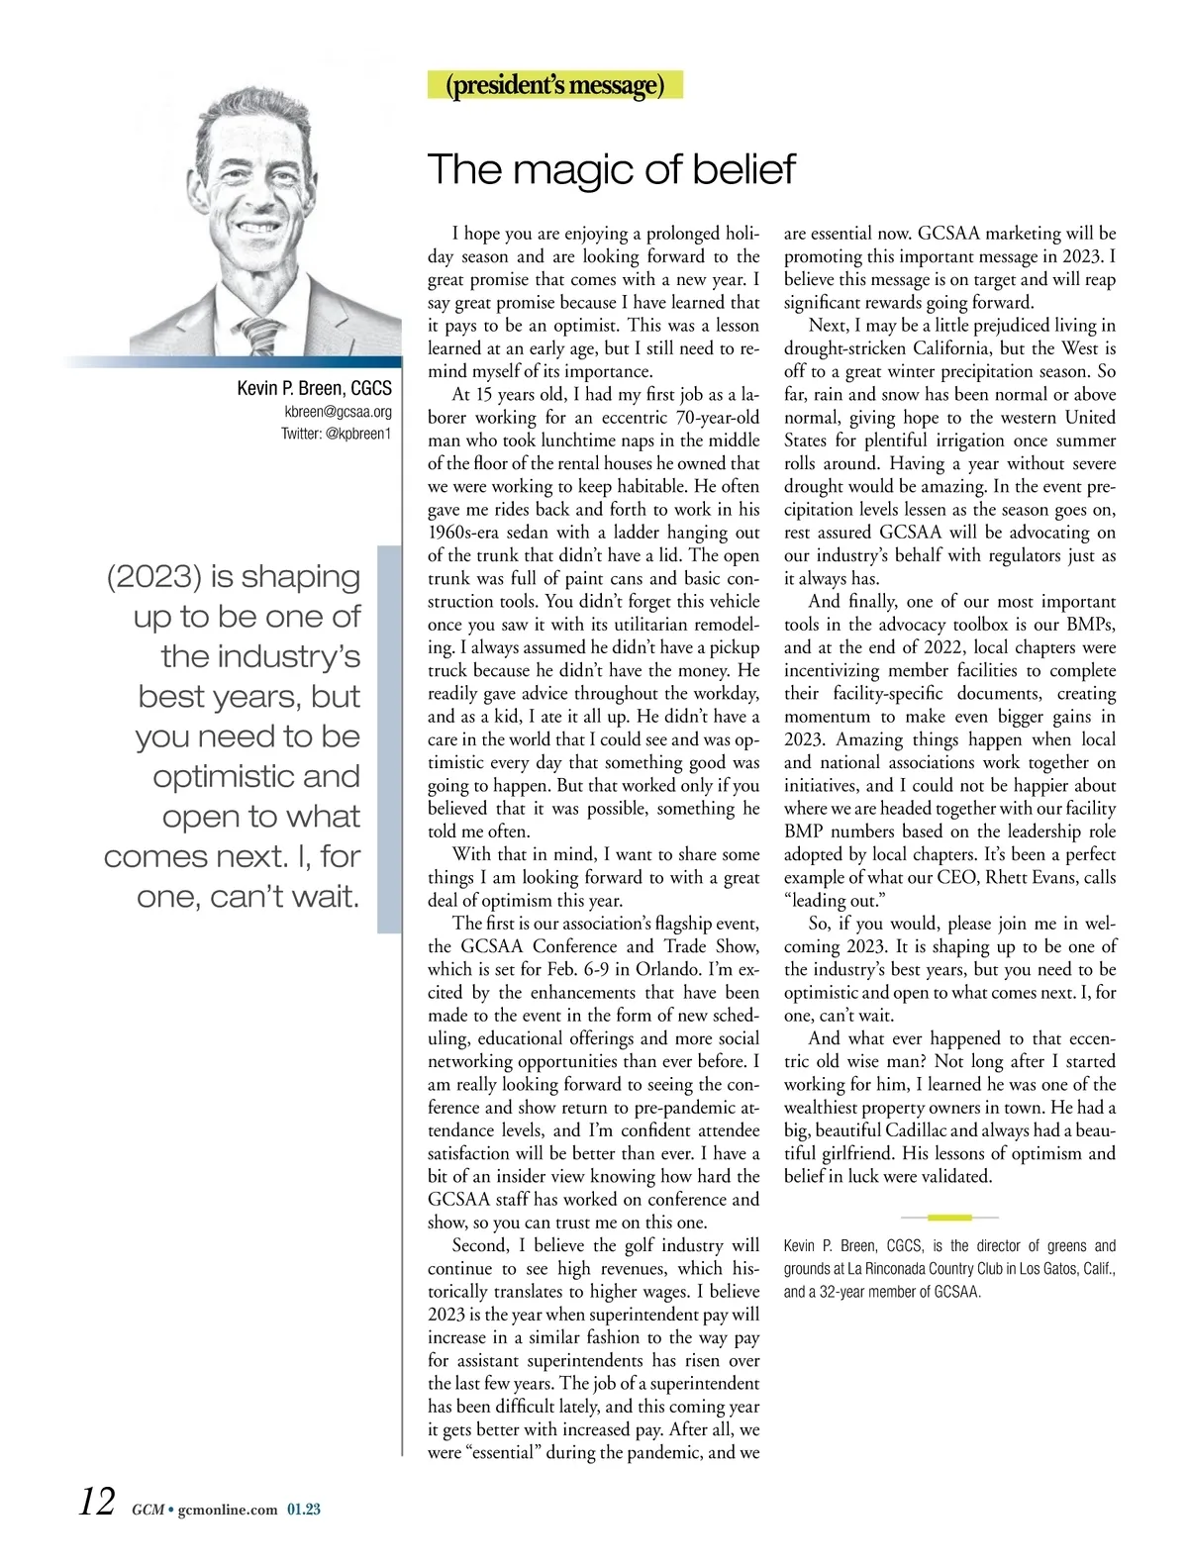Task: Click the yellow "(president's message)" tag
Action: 554,85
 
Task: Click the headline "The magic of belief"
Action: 611,169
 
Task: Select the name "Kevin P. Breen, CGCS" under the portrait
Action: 314,388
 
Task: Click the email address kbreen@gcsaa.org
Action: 338,412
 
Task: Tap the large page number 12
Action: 97,1501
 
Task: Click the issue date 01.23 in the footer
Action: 304,1511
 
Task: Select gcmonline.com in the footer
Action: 228,1511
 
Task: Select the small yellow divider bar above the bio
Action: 949,1217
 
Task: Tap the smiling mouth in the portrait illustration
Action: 258,227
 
